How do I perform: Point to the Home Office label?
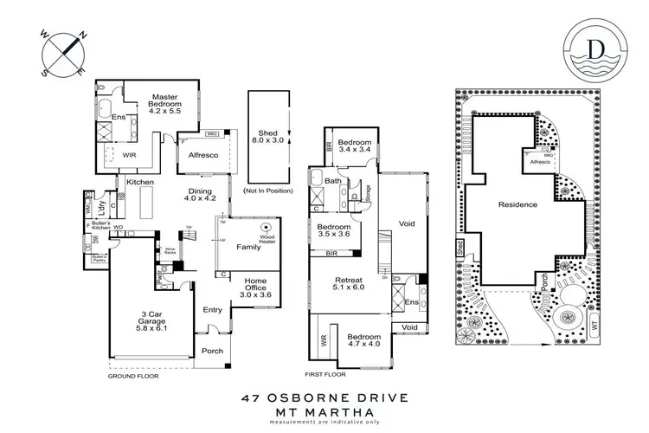[x=255, y=287]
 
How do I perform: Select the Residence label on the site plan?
[x=517, y=204]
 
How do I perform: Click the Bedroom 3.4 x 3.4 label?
[x=355, y=147]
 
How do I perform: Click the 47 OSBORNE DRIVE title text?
[x=324, y=400]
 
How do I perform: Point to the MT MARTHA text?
[x=324, y=414]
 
